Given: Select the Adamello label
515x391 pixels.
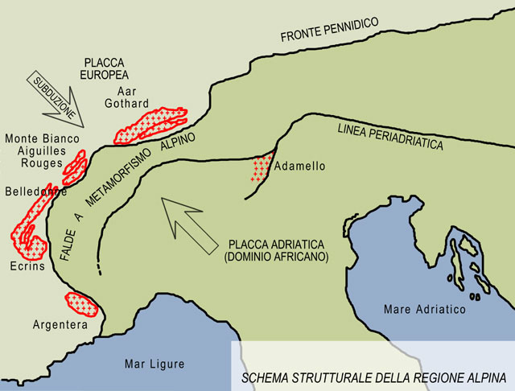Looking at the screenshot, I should tap(299, 167).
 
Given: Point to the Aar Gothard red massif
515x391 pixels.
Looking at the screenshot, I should tap(150, 123).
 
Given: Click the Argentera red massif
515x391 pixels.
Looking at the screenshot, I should tap(80, 304).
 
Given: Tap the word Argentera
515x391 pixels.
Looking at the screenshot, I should tap(59, 326).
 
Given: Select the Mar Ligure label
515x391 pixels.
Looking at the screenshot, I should tap(153, 364).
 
